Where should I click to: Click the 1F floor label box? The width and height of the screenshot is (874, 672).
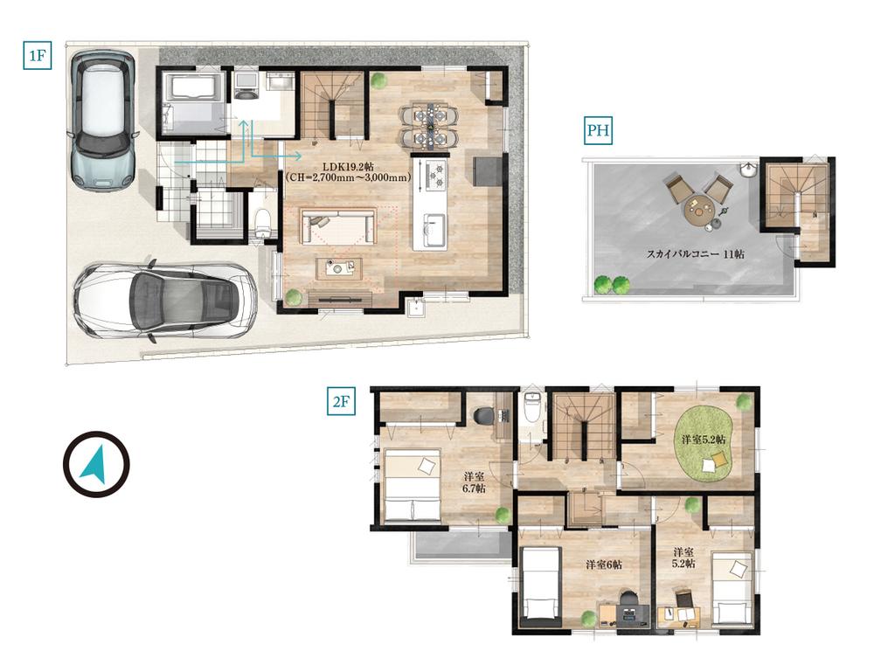(x=38, y=55)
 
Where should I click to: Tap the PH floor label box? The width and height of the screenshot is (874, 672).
(x=598, y=130)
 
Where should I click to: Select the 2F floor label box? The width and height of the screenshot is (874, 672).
(x=341, y=402)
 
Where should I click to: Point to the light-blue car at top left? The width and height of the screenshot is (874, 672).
(x=102, y=121)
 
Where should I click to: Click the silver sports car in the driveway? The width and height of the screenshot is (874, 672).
(x=165, y=301)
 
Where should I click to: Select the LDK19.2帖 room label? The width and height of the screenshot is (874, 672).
(x=349, y=167)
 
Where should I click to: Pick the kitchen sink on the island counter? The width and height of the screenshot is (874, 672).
(x=434, y=228)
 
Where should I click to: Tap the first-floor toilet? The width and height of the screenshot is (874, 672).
(x=262, y=223)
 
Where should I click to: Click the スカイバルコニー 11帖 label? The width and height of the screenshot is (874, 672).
(x=695, y=254)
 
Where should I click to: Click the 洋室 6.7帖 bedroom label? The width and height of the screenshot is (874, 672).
(x=474, y=482)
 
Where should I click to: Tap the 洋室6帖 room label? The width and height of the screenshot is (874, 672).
(x=603, y=565)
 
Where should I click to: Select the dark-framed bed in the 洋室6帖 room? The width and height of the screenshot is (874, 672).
(x=540, y=586)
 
